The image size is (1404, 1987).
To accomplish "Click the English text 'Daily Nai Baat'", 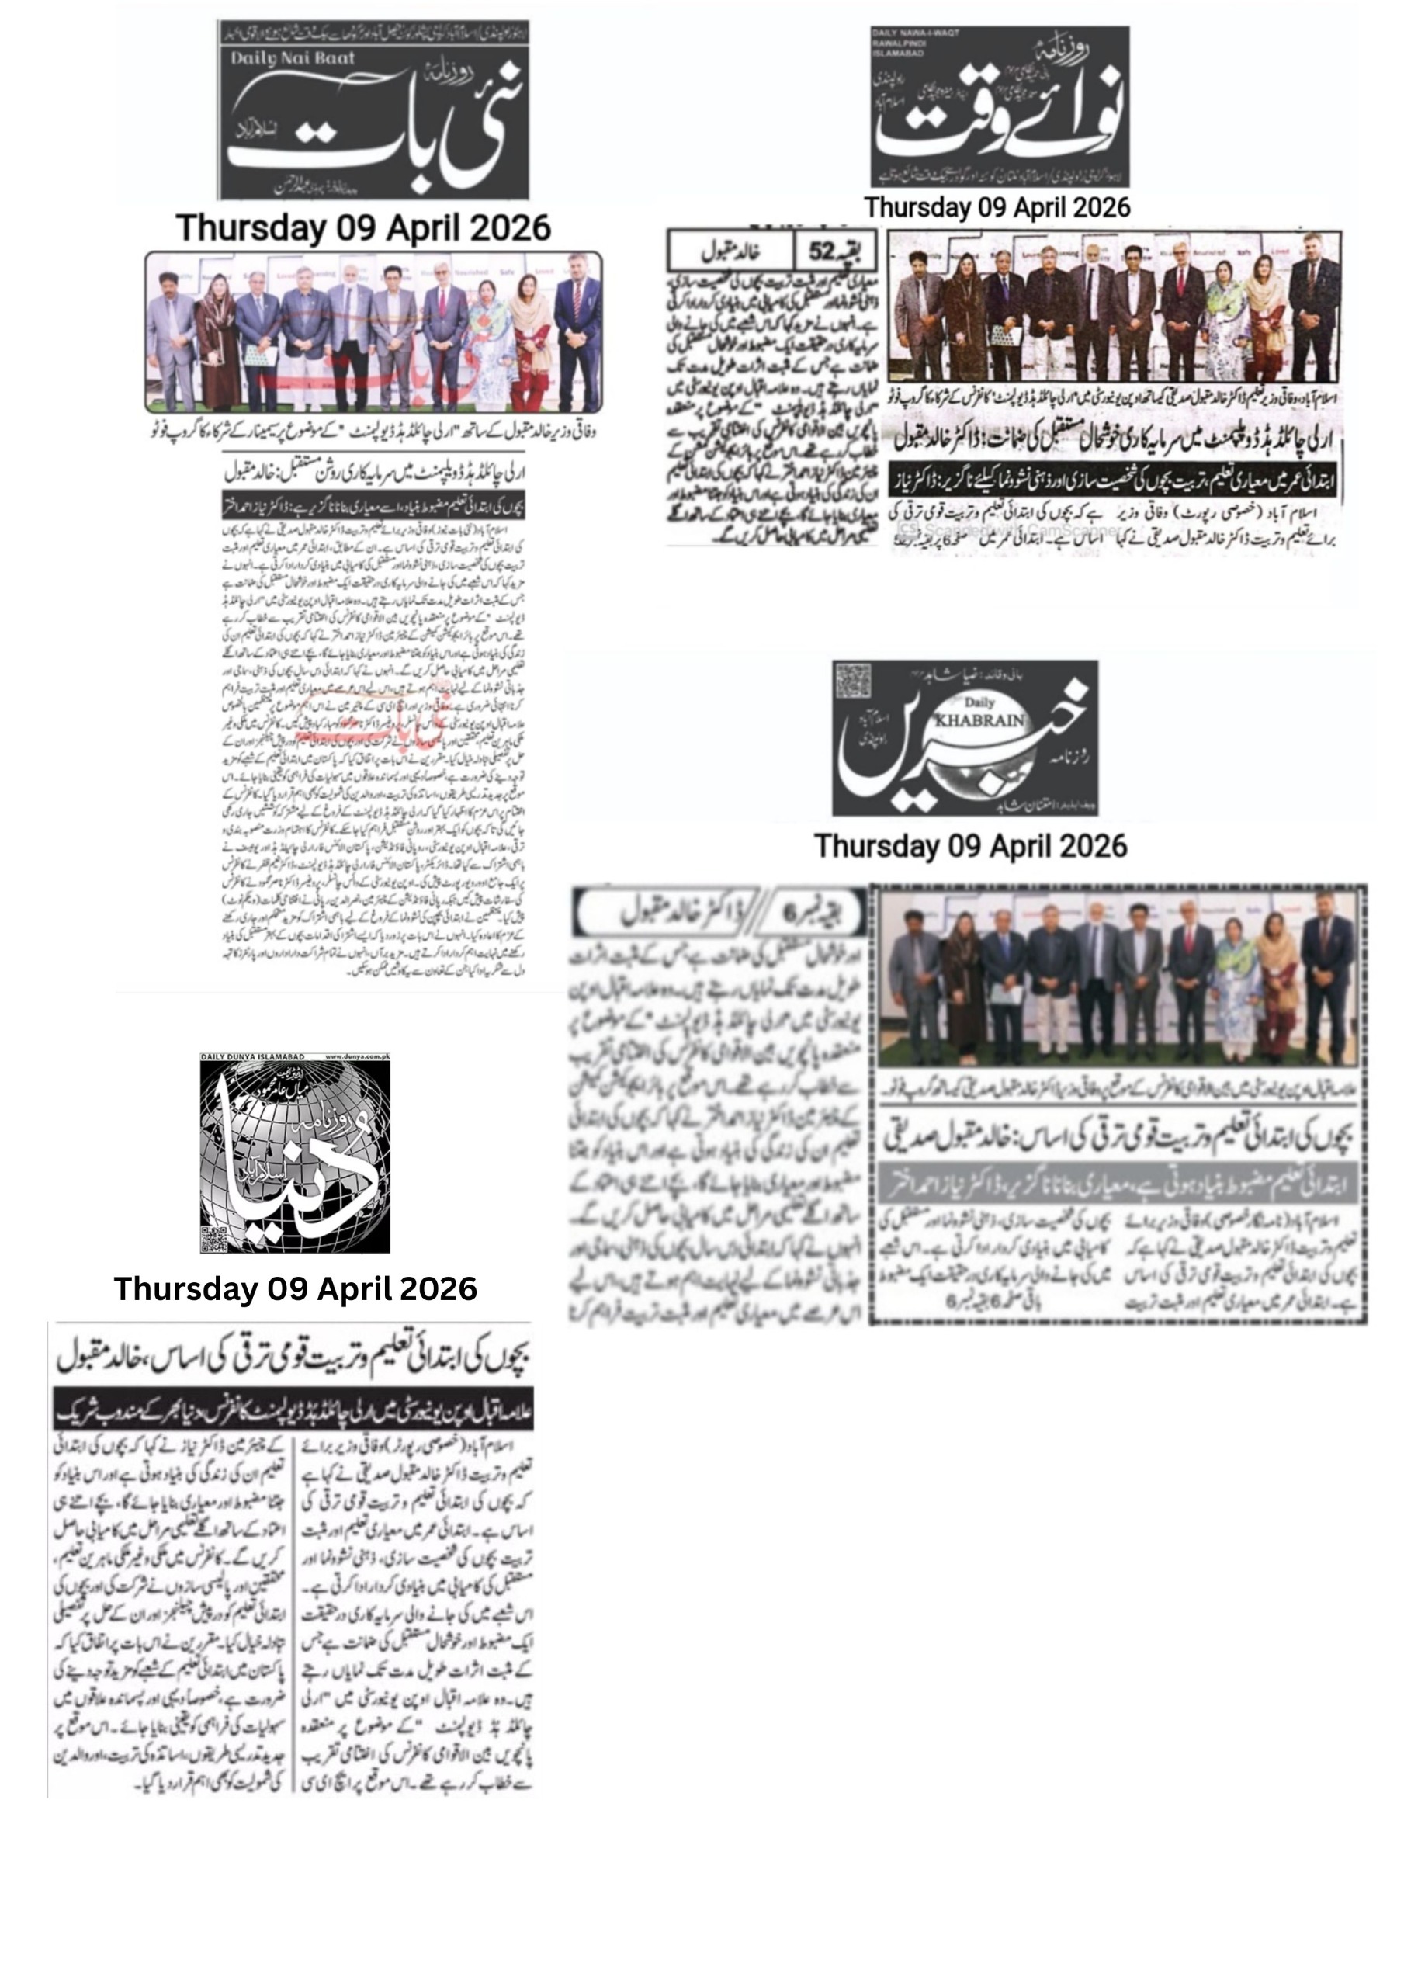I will pos(292,59).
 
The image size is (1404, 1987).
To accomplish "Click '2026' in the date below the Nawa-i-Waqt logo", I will pos(1098,208).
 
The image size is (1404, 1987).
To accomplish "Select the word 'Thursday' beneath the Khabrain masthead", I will pos(877,845).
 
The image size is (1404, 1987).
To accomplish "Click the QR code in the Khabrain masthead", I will pos(853,680).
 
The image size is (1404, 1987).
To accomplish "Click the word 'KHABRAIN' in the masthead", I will pos(980,720).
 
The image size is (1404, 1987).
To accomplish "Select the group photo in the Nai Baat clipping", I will pos(373,331).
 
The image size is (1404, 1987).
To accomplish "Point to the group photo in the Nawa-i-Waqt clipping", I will pos(1115,307).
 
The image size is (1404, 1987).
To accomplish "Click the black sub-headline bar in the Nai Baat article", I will pos(374,506).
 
